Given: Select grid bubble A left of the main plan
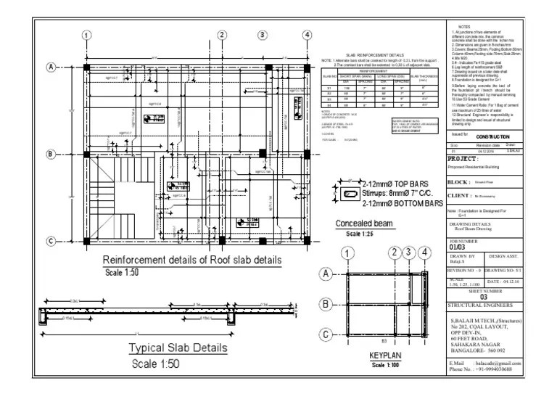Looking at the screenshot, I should point(52,67).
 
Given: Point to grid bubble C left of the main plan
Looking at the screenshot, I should point(52,241).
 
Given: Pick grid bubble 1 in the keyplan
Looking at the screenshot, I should point(349,254).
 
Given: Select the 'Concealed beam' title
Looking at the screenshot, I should point(358,224).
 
